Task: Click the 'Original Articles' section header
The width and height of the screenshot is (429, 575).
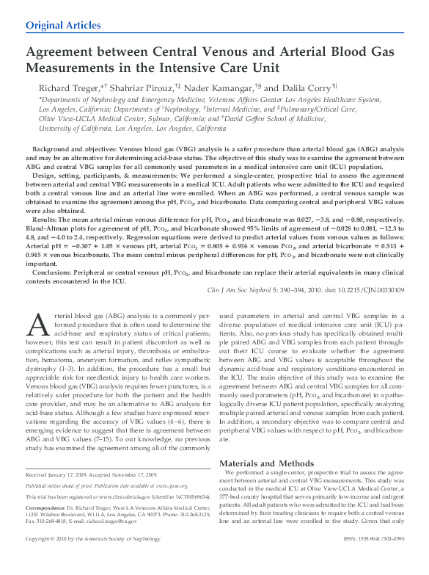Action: [64, 25]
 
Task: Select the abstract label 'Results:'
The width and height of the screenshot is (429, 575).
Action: [45, 220]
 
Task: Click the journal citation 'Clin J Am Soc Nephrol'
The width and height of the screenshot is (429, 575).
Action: [246, 290]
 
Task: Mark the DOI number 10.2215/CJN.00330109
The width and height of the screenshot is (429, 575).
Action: [369, 290]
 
